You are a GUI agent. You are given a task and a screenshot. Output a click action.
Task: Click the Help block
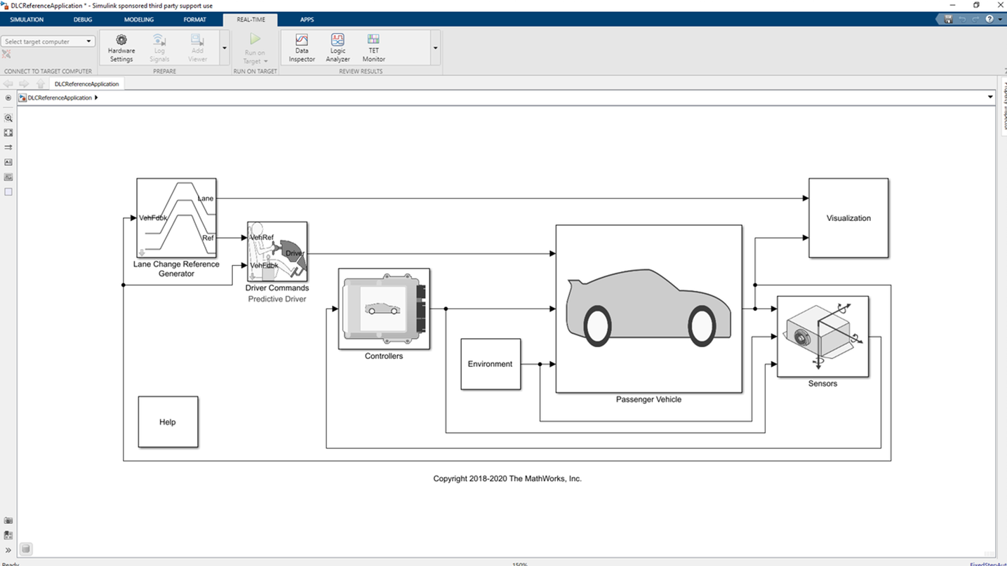pos(168,422)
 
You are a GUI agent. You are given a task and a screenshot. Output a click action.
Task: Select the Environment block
pos(491,364)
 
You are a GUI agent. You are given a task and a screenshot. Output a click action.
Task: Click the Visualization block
pos(848,218)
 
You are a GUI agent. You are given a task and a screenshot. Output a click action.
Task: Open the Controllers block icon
pos(384,309)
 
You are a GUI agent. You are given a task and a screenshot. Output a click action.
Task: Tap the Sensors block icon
pos(822,337)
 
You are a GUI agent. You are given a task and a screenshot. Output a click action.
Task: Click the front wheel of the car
pos(702,326)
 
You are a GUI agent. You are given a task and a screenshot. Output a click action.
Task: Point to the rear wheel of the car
pos(598,326)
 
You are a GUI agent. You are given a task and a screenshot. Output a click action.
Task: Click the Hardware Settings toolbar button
pos(121,48)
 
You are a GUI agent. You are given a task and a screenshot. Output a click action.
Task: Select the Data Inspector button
pos(302,48)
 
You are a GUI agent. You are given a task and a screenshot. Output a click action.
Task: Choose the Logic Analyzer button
pos(338,48)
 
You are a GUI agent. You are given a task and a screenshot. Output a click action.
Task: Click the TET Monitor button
pos(373,48)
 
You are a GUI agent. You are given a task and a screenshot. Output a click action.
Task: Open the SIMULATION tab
pos(27,20)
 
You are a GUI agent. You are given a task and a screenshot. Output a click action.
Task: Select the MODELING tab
pos(139,20)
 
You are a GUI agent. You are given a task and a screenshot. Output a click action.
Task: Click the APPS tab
pos(307,20)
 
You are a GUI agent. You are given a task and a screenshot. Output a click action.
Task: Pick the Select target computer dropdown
pos(48,41)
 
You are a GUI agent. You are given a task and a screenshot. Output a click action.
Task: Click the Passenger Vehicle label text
pos(648,400)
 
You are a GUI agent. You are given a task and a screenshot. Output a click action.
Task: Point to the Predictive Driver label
pos(277,299)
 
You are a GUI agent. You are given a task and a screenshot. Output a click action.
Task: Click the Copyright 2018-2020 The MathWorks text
pos(507,479)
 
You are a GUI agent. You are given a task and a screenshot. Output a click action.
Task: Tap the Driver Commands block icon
pos(277,252)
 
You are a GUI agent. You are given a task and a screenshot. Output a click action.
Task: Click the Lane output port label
pos(206,198)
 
